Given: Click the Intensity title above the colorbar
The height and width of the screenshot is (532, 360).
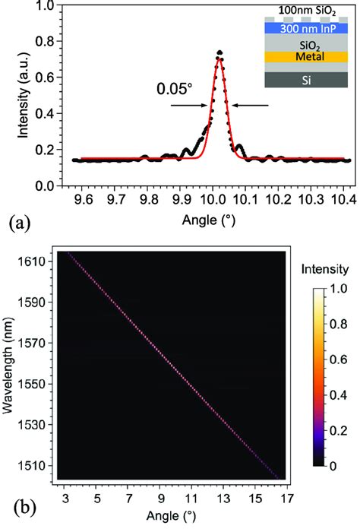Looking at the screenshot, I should (x=324, y=268).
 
